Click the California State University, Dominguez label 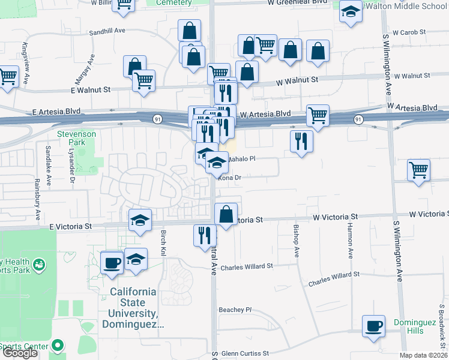click(133, 308)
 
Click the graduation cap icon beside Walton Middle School click(351, 11)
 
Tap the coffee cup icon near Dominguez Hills click(374, 326)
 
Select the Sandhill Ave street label click(107, 32)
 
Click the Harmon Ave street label click(351, 241)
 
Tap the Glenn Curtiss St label click(244, 353)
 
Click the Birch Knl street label click(163, 244)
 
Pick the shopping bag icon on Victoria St click(226, 214)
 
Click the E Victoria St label click(71, 226)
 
